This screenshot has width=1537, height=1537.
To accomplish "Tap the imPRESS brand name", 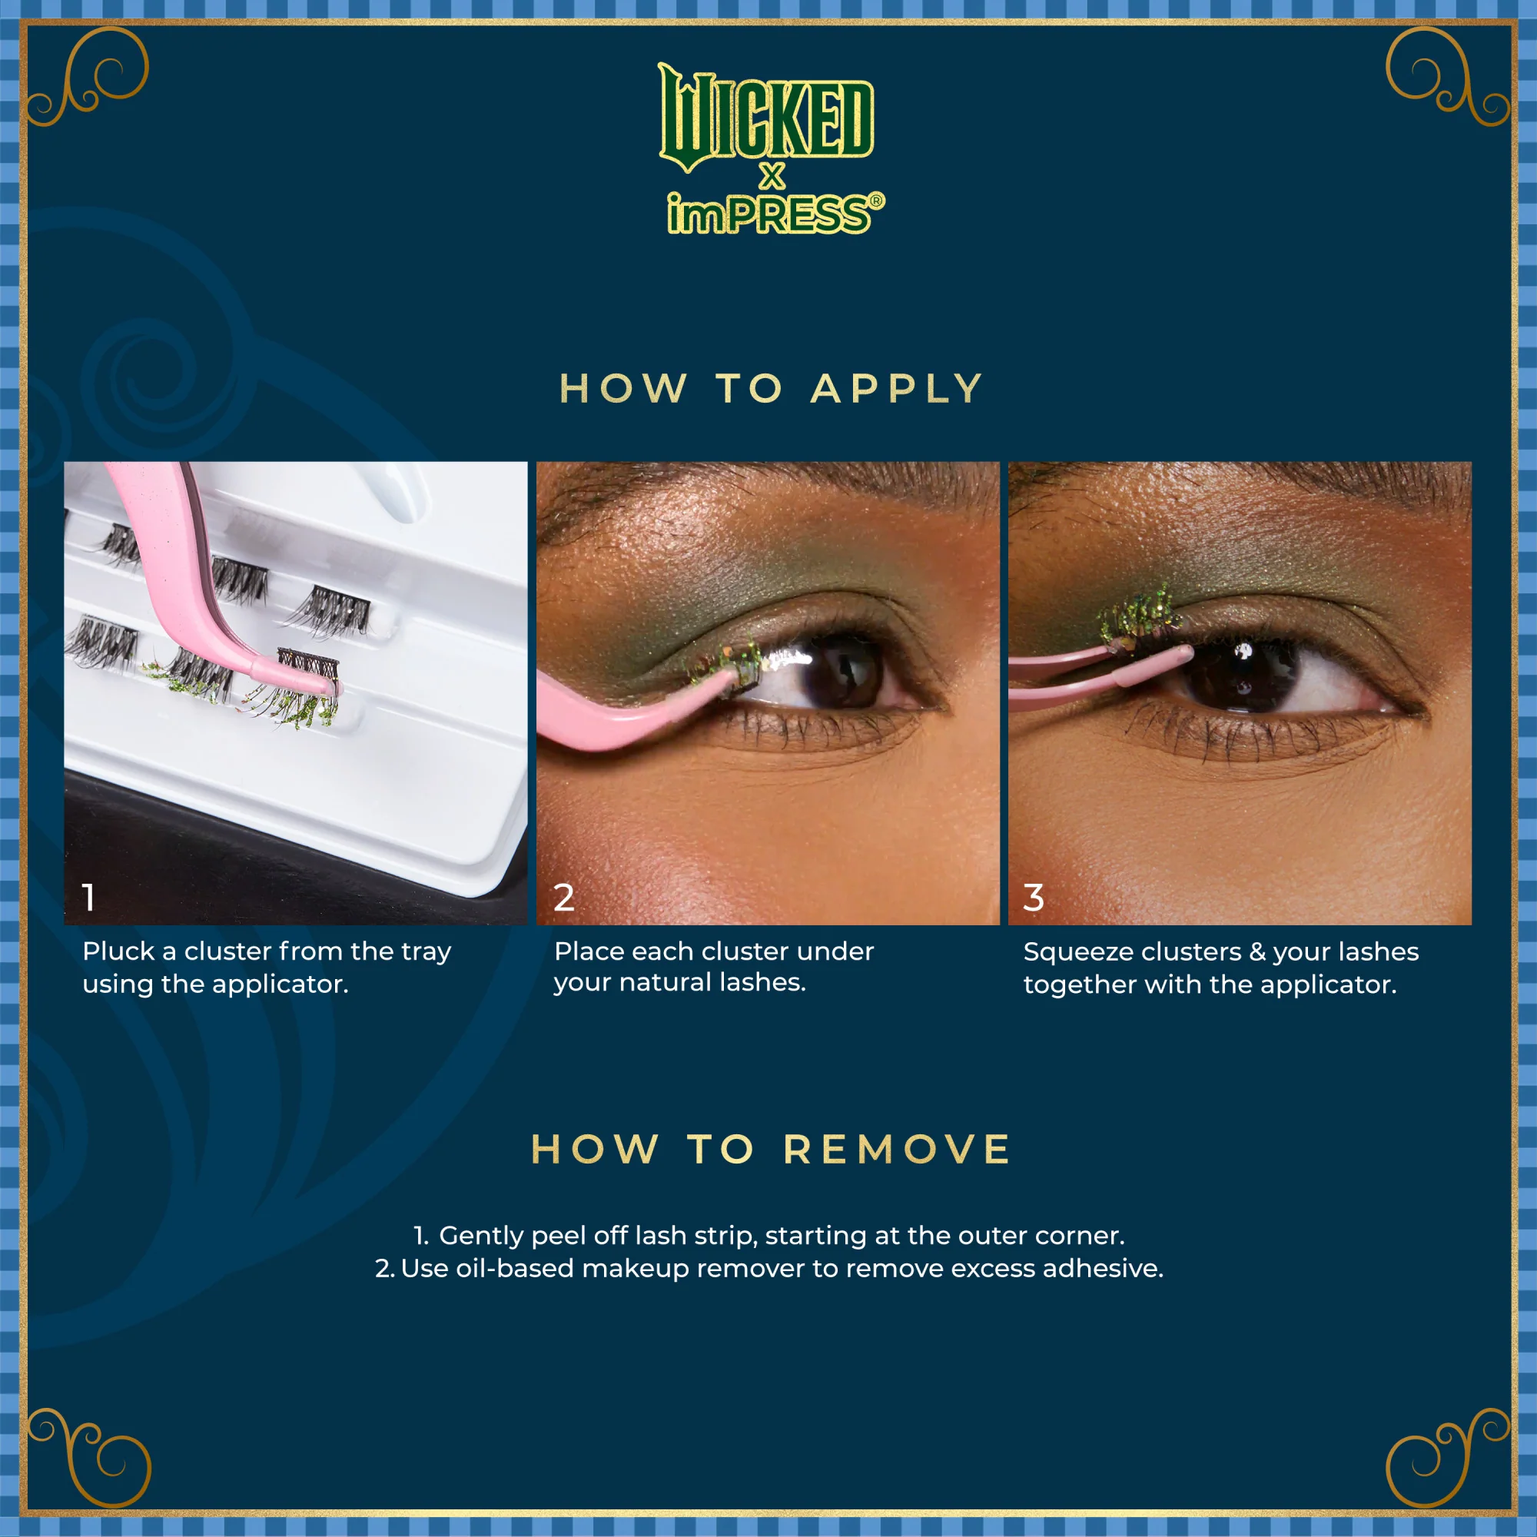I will click(x=768, y=215).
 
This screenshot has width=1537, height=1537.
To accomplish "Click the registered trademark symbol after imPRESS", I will click(x=876, y=201).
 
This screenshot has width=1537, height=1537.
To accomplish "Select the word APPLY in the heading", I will click(x=897, y=389).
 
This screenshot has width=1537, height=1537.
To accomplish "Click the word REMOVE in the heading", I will click(x=897, y=1150).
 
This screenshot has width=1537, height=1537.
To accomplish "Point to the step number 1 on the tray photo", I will click(x=89, y=898).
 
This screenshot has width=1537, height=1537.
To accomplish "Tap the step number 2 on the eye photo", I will click(x=564, y=898).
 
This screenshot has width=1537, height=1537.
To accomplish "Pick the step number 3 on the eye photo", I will click(x=1034, y=898).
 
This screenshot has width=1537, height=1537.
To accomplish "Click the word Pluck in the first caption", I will click(x=118, y=951).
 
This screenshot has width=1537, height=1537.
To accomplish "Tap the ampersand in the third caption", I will click(x=1257, y=952).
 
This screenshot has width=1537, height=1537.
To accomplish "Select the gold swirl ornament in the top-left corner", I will click(x=88, y=75).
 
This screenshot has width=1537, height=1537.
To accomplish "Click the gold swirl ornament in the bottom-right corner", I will click(x=1448, y=1460).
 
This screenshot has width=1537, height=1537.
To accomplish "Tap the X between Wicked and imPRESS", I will click(x=772, y=176).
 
